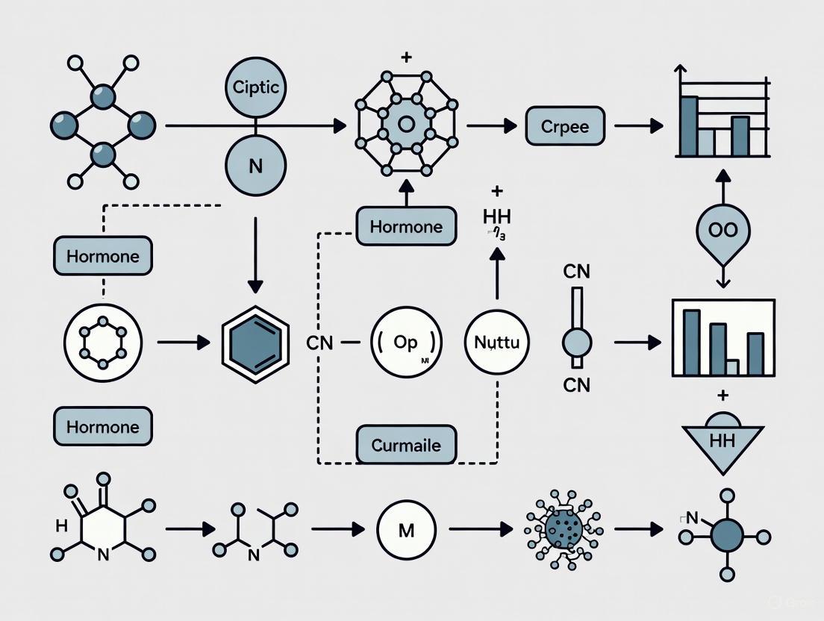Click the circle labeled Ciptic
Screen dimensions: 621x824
click(256, 87)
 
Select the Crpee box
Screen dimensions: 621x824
click(565, 126)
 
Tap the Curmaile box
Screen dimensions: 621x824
click(406, 446)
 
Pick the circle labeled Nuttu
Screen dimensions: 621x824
click(497, 343)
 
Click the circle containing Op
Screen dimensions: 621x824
click(407, 343)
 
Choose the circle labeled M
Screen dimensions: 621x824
click(407, 530)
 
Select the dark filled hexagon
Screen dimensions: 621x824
click(256, 343)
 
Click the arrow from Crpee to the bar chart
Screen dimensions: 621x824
click(638, 126)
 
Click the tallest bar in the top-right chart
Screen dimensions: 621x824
click(689, 125)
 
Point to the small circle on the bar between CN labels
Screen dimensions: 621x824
click(576, 343)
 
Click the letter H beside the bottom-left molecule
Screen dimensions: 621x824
click(61, 525)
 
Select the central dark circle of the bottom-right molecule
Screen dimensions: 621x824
click(727, 535)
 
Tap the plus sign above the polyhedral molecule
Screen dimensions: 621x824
click(406, 57)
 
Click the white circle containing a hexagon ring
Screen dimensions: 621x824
click(103, 343)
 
